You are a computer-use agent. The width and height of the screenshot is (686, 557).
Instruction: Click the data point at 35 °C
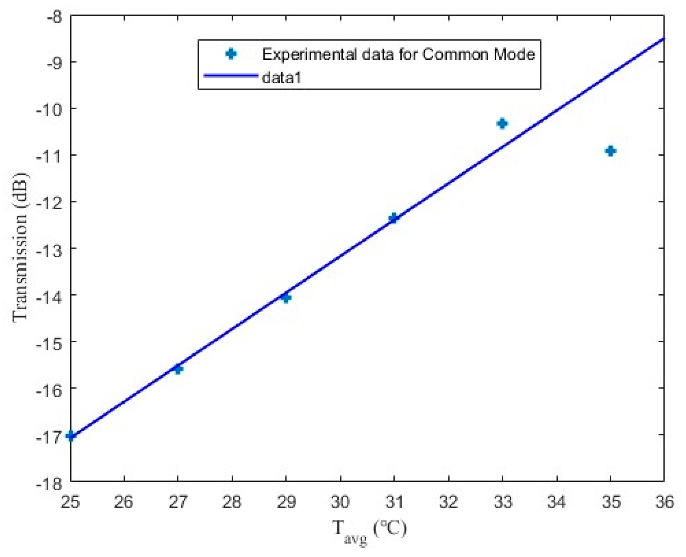click(610, 151)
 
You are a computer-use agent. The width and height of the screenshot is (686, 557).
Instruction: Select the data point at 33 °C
click(502, 123)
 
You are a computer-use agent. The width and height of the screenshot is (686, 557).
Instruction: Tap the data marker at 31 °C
click(393, 217)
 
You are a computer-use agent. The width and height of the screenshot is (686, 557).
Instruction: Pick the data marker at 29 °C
click(286, 297)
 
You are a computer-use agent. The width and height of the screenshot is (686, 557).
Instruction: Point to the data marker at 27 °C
click(178, 369)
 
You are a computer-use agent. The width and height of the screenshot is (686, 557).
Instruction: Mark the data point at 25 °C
click(71, 435)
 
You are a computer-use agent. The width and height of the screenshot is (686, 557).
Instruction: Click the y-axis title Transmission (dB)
click(20, 247)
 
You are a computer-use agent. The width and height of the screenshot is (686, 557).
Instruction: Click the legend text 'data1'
click(281, 78)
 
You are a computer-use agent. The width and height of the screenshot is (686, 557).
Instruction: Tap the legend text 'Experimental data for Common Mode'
click(398, 54)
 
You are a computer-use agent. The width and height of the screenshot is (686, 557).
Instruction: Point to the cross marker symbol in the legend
click(231, 54)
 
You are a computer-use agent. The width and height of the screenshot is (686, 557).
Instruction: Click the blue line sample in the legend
click(230, 76)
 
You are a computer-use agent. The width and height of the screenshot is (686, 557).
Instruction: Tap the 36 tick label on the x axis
click(664, 502)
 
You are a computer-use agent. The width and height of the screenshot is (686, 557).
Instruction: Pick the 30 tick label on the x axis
click(340, 502)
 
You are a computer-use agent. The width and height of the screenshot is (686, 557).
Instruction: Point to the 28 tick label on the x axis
click(232, 502)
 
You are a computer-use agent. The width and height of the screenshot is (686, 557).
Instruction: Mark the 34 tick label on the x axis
click(556, 502)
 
